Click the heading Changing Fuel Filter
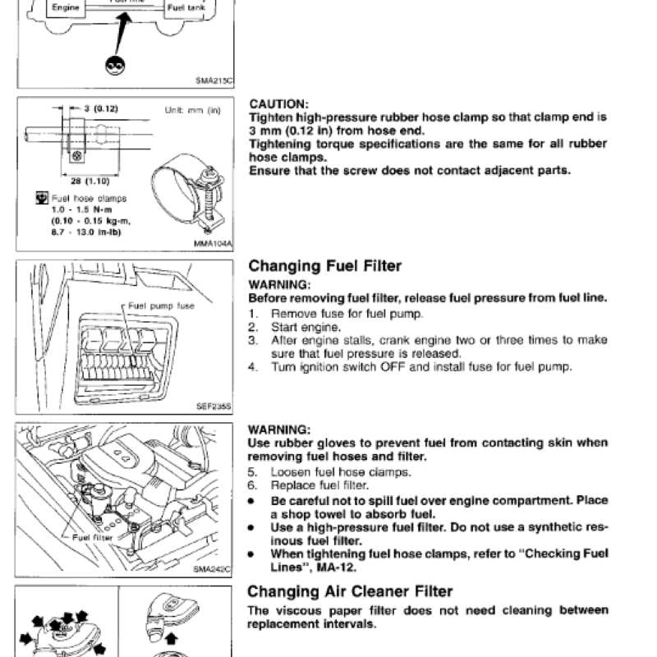(x=325, y=266)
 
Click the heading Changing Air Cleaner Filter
(x=351, y=591)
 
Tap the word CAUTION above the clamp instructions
(x=279, y=104)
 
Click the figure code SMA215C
(x=214, y=80)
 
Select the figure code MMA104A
(x=214, y=244)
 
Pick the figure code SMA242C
(x=214, y=567)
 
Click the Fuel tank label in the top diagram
(x=185, y=7)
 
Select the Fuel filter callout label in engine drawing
(x=92, y=538)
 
